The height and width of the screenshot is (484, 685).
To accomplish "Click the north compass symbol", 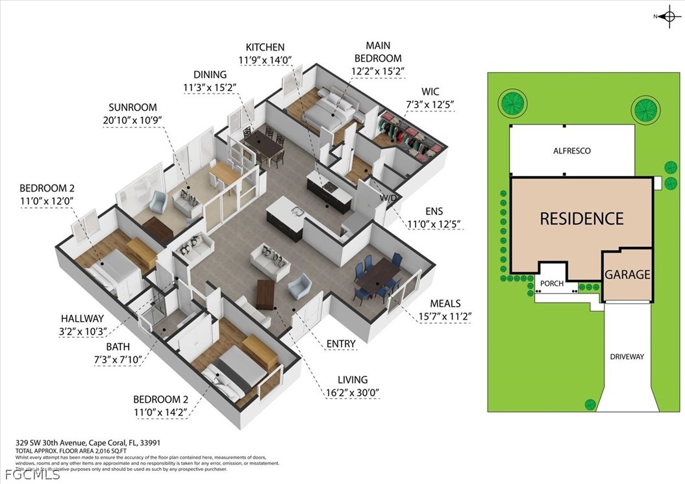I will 667,16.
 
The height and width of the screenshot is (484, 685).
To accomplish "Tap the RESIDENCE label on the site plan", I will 581,218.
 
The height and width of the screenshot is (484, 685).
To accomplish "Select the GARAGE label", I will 627,274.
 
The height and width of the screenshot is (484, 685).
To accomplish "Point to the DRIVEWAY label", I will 627,357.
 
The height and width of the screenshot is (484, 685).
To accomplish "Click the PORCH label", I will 552,284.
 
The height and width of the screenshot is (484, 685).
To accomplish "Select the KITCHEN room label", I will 265,47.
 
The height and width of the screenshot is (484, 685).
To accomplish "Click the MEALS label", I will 445,303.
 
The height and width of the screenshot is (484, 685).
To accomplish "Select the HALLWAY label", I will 82,318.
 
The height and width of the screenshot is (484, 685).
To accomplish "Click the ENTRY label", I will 342,344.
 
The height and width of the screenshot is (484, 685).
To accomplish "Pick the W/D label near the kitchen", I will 388,197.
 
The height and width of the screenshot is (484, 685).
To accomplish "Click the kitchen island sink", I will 297,210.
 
